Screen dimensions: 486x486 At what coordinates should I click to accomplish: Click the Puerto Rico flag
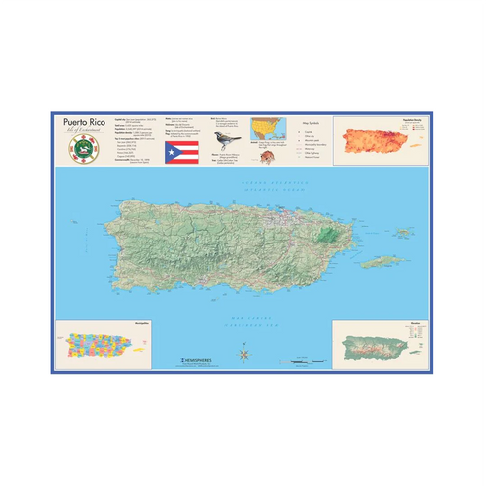point(181,153)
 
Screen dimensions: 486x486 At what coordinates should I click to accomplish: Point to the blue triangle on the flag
point(170,153)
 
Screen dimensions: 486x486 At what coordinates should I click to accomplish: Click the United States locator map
point(266,128)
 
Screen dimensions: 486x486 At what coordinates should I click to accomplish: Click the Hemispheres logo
point(191,360)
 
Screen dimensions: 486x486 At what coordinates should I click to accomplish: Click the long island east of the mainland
point(382,262)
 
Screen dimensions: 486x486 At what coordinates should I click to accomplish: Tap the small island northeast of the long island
point(403,233)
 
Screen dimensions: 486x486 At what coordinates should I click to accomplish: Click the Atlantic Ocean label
point(244,185)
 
